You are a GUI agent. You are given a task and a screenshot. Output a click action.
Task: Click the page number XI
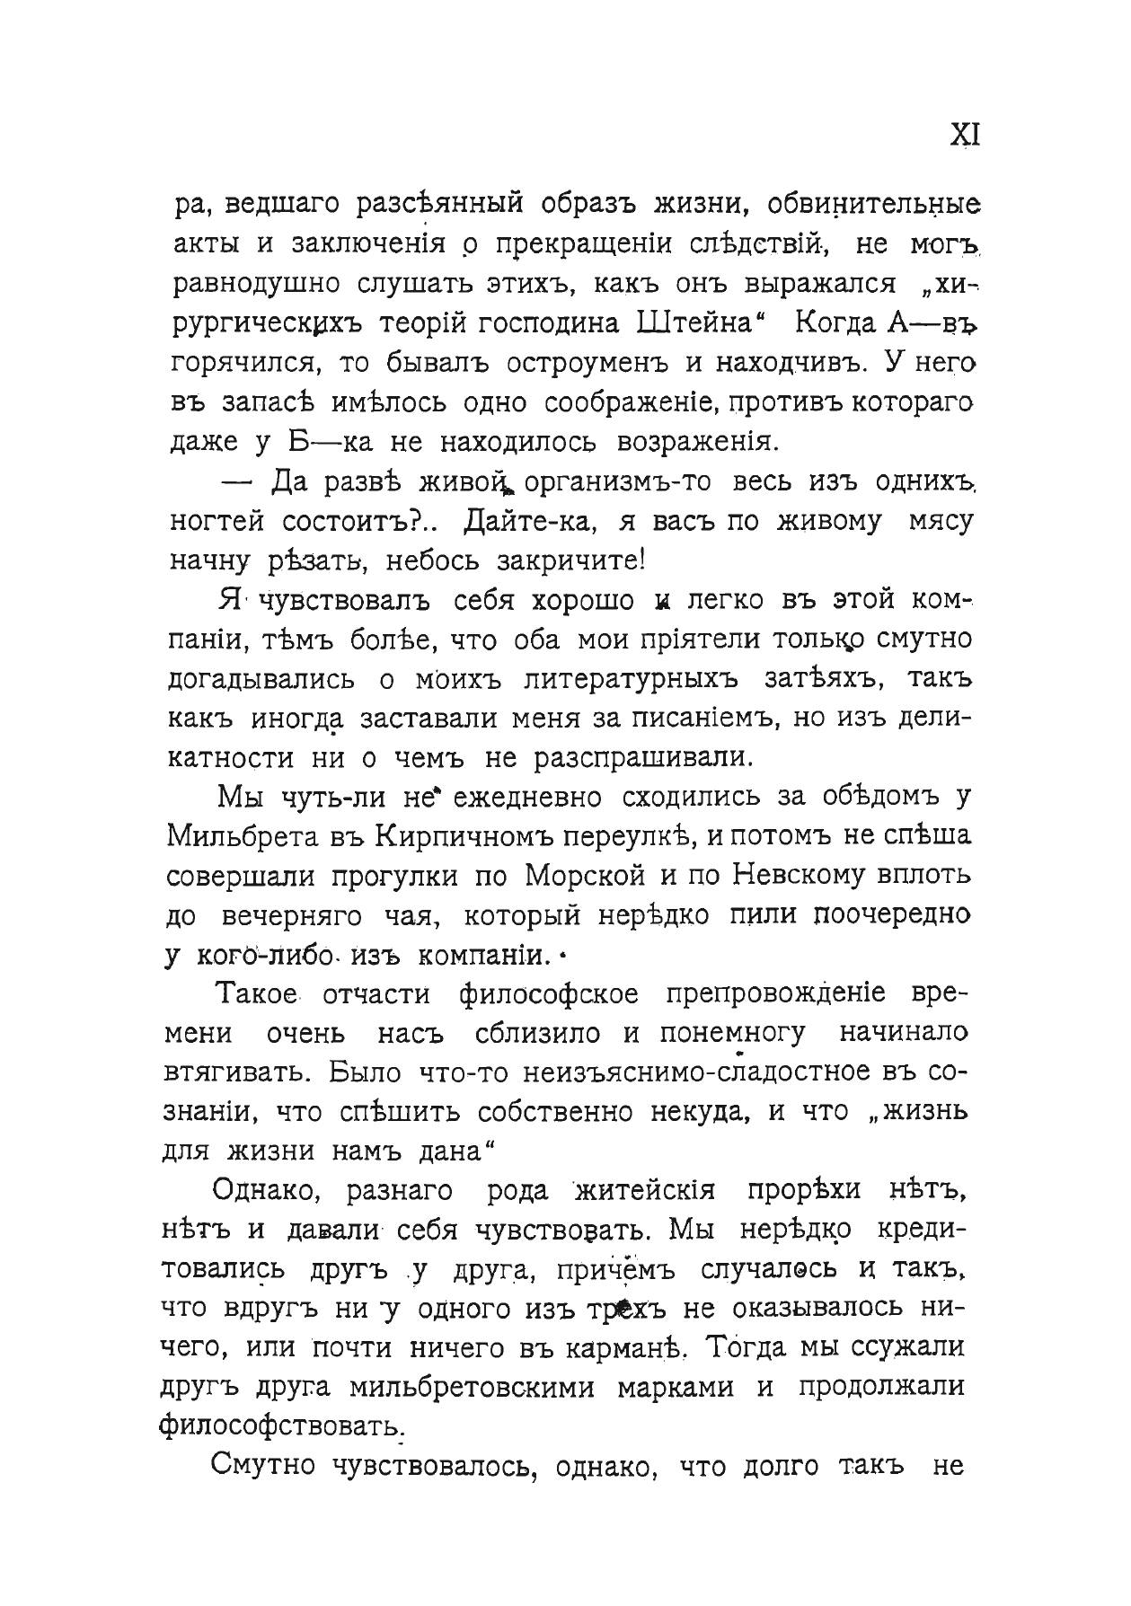(965, 135)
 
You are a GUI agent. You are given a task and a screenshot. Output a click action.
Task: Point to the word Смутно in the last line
(262, 1467)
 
